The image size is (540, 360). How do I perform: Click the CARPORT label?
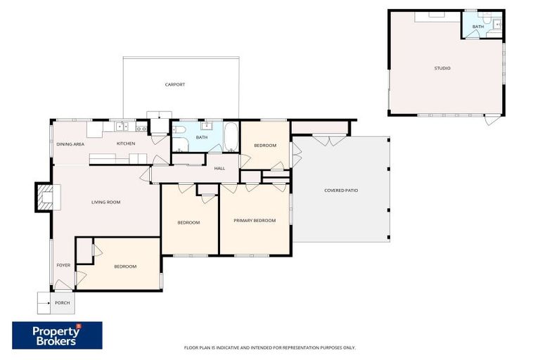[175, 84]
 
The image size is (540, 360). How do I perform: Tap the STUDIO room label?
[442, 68]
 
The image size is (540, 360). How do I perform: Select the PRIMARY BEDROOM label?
[255, 221]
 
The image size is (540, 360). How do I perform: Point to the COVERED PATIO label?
[341, 190]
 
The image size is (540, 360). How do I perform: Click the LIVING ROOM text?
[106, 202]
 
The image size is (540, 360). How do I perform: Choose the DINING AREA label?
[70, 144]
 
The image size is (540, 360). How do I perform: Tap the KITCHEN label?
[126, 144]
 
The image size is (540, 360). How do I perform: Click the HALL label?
[219, 168]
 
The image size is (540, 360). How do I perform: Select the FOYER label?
[63, 265]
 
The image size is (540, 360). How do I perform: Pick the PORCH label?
[63, 303]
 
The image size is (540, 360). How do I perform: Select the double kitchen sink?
[121, 127]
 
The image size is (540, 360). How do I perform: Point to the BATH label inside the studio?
[478, 27]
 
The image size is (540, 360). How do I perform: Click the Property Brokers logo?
[57, 335]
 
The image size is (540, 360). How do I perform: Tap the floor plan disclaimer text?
[269, 347]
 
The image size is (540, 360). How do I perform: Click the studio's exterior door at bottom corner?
[493, 120]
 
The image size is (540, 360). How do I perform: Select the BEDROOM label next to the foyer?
[125, 266]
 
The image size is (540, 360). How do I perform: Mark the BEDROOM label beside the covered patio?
[265, 146]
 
